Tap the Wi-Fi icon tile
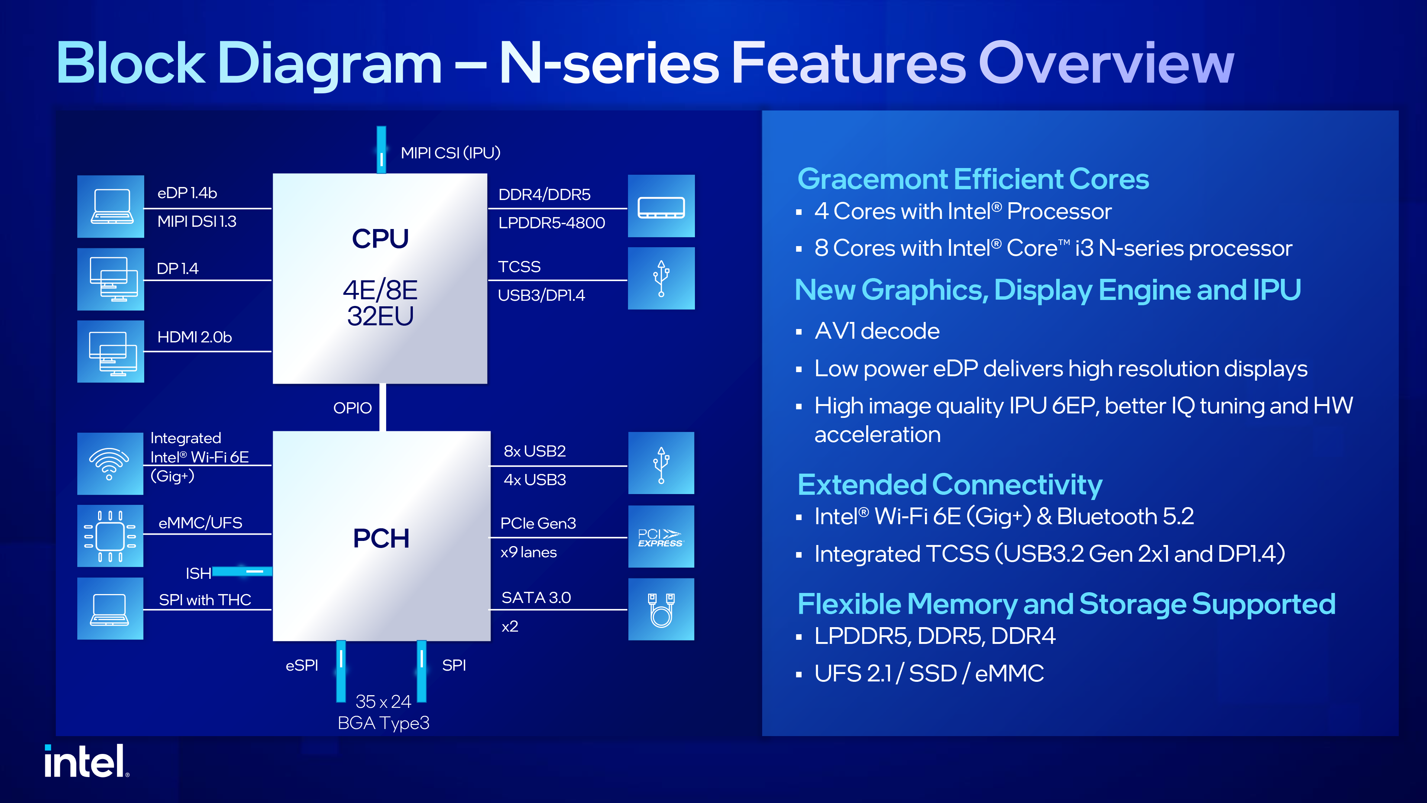click(x=110, y=463)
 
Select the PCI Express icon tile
click(x=660, y=536)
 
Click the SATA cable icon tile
click(x=661, y=609)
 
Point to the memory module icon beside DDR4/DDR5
click(x=661, y=206)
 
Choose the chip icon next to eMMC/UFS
click(x=110, y=536)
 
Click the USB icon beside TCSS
click(x=661, y=278)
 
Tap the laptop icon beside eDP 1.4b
click(x=111, y=206)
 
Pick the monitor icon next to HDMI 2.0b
click(x=111, y=351)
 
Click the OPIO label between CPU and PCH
click(x=352, y=408)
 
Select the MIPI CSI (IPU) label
click(x=450, y=152)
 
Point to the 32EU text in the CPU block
click(x=381, y=316)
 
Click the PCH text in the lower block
click(x=381, y=538)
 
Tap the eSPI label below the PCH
click(x=302, y=665)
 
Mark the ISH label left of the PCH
click(x=198, y=573)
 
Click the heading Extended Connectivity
click(x=949, y=485)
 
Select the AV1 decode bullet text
click(x=877, y=331)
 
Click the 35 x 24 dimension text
click(x=384, y=702)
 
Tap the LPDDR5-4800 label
click(x=551, y=223)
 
